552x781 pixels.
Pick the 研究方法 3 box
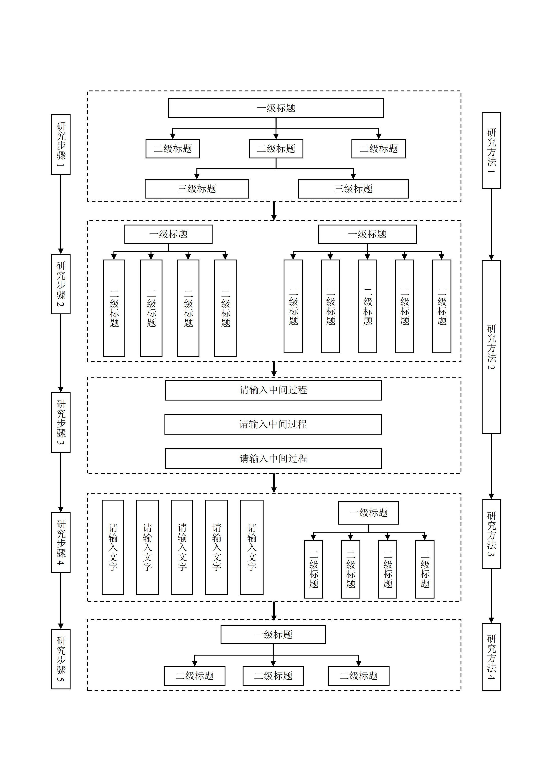(x=491, y=534)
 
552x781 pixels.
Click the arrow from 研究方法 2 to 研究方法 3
(x=491, y=466)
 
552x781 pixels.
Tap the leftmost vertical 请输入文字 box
(x=113, y=547)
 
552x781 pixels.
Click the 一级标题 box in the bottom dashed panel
(x=273, y=634)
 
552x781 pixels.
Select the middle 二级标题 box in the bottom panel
(x=273, y=676)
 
